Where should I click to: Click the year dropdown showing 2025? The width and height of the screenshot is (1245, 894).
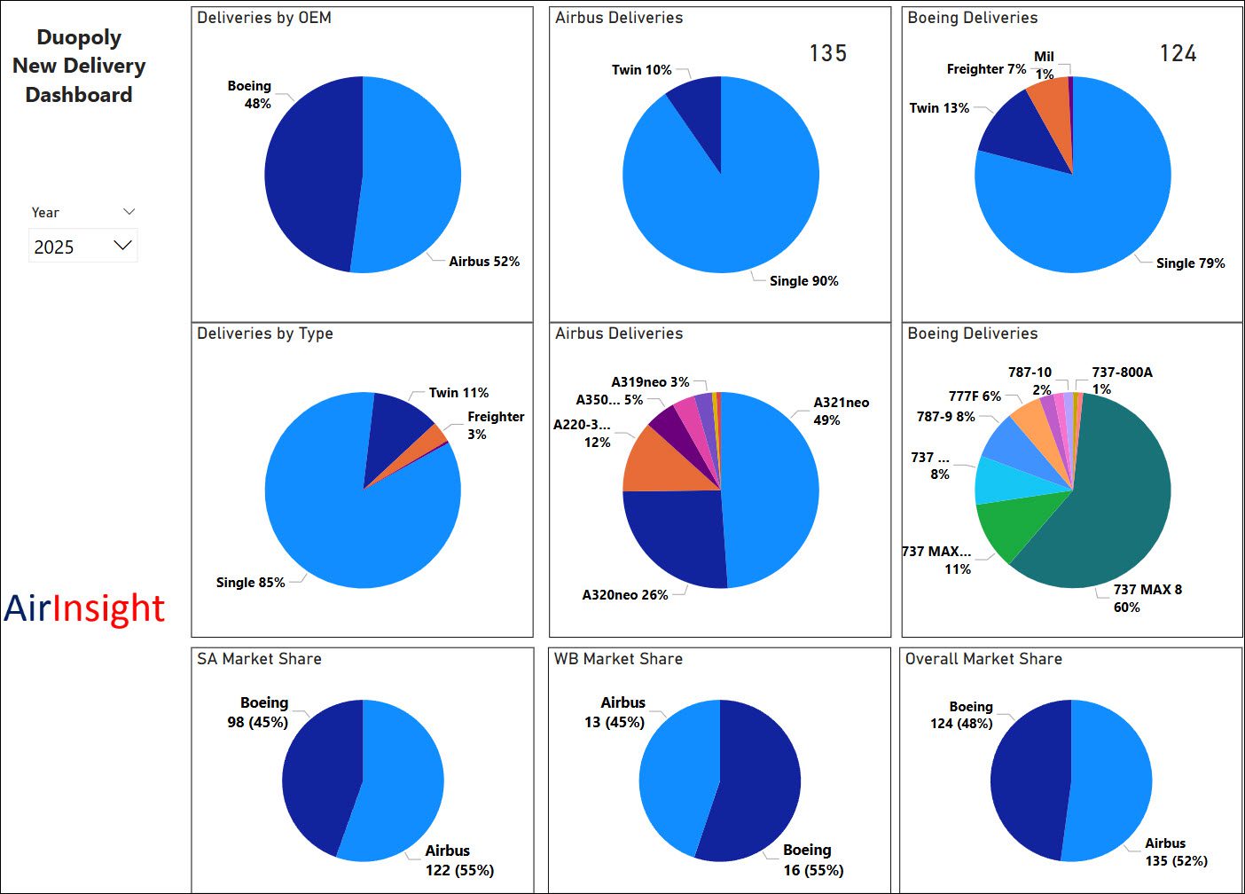pyautogui.click(x=82, y=246)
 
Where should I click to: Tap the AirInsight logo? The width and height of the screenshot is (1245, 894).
pyautogui.click(x=84, y=608)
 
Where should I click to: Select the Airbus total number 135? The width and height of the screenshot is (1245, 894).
pyautogui.click(x=827, y=53)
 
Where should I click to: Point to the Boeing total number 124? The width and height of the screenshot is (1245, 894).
pyautogui.click(x=1178, y=53)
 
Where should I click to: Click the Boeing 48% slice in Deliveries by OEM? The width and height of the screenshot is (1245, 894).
pyautogui.click(x=310, y=174)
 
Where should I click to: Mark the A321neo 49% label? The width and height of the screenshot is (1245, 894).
pyautogui.click(x=841, y=411)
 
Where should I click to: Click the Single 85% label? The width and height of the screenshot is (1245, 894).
pyautogui.click(x=250, y=583)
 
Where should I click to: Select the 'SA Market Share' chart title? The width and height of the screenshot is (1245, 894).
pyautogui.click(x=259, y=659)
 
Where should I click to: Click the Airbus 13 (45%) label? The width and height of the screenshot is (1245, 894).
pyautogui.click(x=615, y=712)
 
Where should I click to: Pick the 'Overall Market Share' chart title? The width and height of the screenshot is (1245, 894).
pyautogui.click(x=983, y=659)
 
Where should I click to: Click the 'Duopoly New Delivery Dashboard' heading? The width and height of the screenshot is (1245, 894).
pyautogui.click(x=79, y=66)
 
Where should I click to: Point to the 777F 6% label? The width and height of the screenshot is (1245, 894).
pyautogui.click(x=975, y=396)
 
